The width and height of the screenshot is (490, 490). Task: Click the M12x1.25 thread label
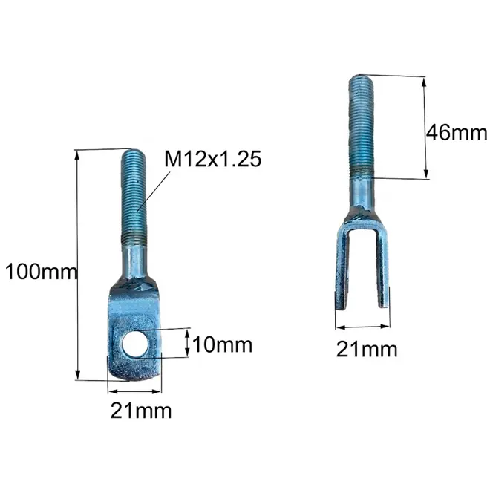point(213,159)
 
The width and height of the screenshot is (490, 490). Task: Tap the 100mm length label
point(41,272)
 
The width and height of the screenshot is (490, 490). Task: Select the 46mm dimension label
point(457,132)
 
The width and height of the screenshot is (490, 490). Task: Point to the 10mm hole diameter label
point(223,345)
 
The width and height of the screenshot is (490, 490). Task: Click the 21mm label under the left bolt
point(141,411)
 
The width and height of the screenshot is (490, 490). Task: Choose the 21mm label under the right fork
point(367,350)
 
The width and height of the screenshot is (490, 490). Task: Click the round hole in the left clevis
point(134,344)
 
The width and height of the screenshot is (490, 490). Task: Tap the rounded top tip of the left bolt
point(133,151)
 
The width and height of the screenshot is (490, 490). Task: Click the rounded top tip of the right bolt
point(361,77)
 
